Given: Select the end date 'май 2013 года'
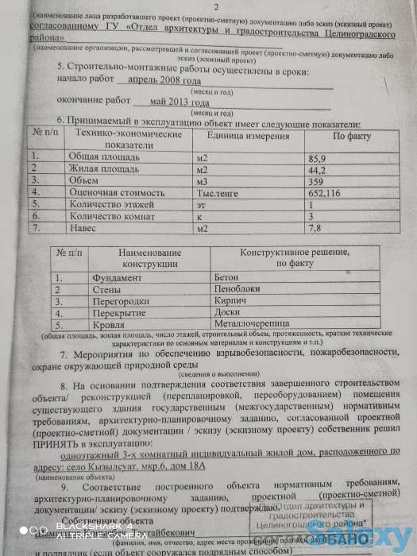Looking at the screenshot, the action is point(174,102).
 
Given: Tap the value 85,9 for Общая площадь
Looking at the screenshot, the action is point(316,158).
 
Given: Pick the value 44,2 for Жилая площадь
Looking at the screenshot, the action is point(316,170).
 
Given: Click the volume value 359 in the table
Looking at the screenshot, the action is point(315,181).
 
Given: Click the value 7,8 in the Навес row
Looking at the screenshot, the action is point(315,228).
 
